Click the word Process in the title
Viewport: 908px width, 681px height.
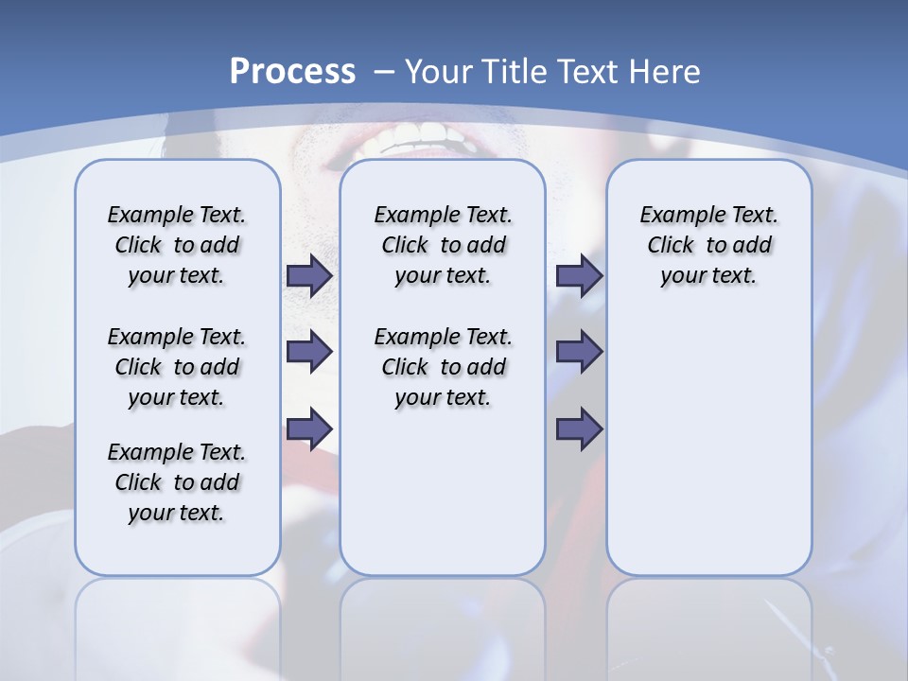click(x=292, y=71)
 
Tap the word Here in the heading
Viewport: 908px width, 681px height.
click(x=666, y=71)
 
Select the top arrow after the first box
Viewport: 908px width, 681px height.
click(x=309, y=275)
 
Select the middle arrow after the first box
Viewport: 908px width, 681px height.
click(x=309, y=352)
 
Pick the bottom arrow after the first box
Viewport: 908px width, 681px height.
click(x=309, y=428)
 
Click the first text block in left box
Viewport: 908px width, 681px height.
click(x=177, y=245)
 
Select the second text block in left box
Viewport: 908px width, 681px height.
click(x=177, y=367)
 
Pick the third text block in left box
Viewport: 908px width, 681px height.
click(x=177, y=482)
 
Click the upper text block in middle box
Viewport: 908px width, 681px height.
click(x=443, y=245)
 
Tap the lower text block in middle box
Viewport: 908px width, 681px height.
click(x=443, y=367)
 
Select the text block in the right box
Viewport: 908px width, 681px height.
click(x=708, y=245)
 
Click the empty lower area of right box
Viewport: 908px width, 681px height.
click(x=708, y=454)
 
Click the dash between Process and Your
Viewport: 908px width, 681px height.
click(x=384, y=72)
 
